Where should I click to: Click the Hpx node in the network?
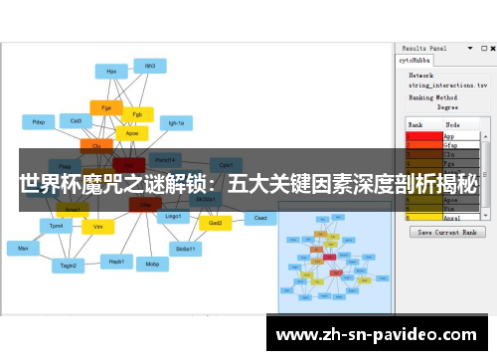click(110, 71)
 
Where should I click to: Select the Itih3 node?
click(150, 67)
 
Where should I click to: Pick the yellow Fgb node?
click(137, 113)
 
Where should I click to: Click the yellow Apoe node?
click(131, 131)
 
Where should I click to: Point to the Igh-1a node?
click(177, 123)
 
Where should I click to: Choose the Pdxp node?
click(39, 121)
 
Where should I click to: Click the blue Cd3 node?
click(76, 120)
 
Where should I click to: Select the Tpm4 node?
click(57, 226)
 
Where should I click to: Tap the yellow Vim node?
click(97, 227)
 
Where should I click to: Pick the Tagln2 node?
click(69, 266)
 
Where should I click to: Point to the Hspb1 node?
click(116, 261)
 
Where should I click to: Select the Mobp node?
click(152, 265)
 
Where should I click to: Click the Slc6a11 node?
click(185, 248)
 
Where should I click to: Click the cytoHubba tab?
click(416, 60)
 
